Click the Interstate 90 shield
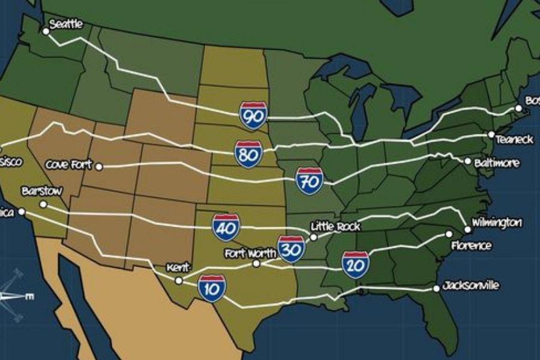pyautogui.click(x=253, y=115)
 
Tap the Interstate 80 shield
pyautogui.click(x=248, y=154)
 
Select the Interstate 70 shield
pyautogui.click(x=310, y=181)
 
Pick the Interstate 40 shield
pyautogui.click(x=226, y=227)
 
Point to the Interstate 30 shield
pyautogui.click(x=292, y=249)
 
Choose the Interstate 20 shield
pyautogui.click(x=356, y=265)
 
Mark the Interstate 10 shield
pyautogui.click(x=212, y=289)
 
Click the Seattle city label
pyautogui.click(x=66, y=25)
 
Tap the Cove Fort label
pyautogui.click(x=69, y=164)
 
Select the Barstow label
pyautogui.click(x=41, y=191)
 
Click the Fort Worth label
pyautogui.click(x=250, y=253)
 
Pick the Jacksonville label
pyautogui.click(x=470, y=286)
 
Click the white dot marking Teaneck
pyautogui.click(x=491, y=134)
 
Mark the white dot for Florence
pyautogui.click(x=449, y=234)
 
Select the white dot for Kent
pyautogui.click(x=178, y=280)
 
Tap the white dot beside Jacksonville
pyautogui.click(x=436, y=289)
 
